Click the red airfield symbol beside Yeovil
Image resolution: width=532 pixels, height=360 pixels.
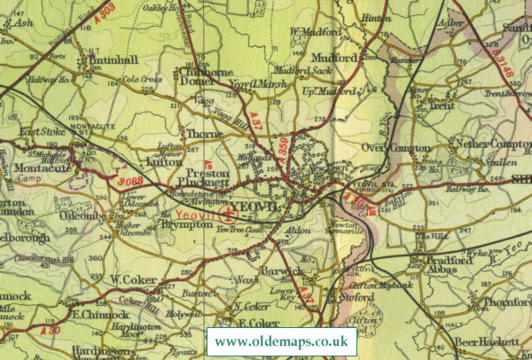click(229, 213)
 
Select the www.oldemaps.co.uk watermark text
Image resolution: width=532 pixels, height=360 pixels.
click(281, 341)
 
